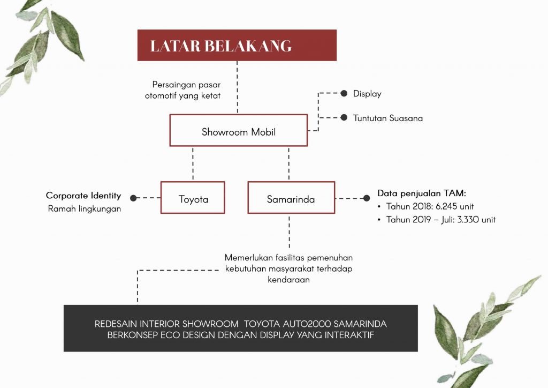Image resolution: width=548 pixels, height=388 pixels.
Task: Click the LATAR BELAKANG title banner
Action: [237, 46]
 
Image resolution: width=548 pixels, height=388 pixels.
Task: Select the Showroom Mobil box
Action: [238, 130]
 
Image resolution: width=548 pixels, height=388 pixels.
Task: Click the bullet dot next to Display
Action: [344, 93]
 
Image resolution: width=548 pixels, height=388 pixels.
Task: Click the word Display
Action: [367, 94]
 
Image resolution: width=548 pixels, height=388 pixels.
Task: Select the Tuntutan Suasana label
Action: [387, 118]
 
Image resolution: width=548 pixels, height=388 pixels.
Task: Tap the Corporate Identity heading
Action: [83, 196]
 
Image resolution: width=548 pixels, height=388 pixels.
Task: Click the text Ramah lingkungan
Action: [85, 209]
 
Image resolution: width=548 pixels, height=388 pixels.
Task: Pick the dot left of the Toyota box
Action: [134, 198]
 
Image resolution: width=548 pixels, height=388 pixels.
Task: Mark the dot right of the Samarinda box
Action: [367, 198]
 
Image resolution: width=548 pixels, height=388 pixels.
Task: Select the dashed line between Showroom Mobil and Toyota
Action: [193, 163]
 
